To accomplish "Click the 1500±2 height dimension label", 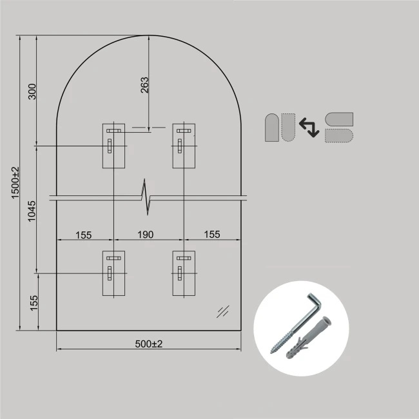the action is [15, 183].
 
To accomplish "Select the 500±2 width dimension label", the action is [148, 344].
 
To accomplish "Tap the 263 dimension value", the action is [144, 85].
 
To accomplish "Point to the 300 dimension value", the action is [32, 92].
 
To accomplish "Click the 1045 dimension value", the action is [32, 211].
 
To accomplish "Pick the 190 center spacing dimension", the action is [146, 235].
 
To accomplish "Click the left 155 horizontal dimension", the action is [84, 235].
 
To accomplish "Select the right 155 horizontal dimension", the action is [212, 235].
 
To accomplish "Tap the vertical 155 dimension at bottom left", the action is [34, 303].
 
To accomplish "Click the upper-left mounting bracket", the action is [113, 146].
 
